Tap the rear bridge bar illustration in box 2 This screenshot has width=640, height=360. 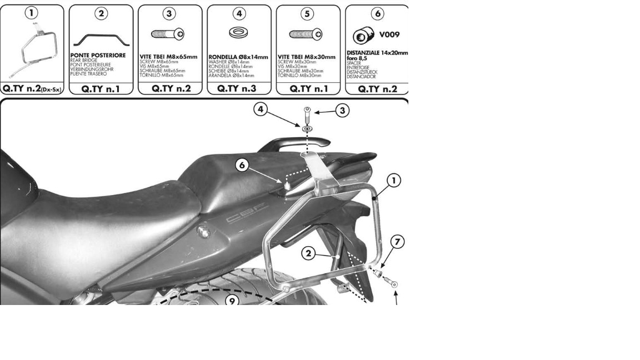(x=101, y=39)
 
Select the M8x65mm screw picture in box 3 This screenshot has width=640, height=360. (x=169, y=35)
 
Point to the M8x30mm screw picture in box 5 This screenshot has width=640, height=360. (x=307, y=35)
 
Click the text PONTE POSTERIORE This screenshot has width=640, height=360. (x=98, y=56)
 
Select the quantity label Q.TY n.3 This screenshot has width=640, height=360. (x=239, y=88)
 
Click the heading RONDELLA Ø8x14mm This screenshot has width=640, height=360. (x=238, y=57)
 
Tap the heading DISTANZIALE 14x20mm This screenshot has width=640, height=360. (x=377, y=53)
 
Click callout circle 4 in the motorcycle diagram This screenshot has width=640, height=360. (x=262, y=109)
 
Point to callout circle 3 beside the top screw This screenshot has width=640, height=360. (x=342, y=111)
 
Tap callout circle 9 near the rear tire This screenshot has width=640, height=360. (x=232, y=301)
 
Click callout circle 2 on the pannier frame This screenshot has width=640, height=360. (x=309, y=254)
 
